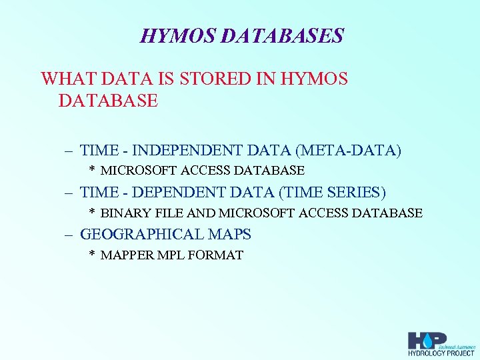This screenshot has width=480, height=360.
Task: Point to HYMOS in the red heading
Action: point(315,79)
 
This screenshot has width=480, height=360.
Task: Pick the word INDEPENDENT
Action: point(195,151)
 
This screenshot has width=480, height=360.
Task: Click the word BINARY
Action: point(122,213)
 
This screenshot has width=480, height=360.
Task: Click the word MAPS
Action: point(229,235)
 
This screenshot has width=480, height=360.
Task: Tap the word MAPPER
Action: point(124,255)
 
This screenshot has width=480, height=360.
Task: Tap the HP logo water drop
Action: point(427,339)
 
